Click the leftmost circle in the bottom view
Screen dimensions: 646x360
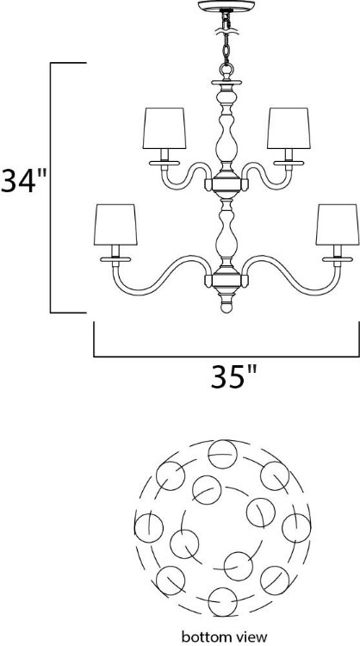point(147,525)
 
